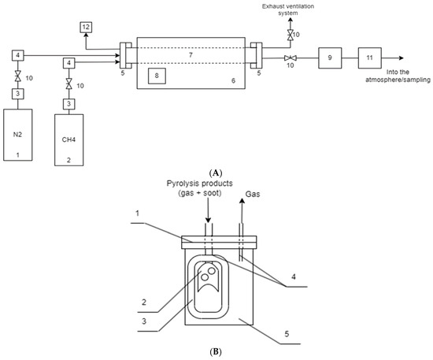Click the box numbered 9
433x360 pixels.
click(x=330, y=58)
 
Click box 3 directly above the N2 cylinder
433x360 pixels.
click(x=17, y=94)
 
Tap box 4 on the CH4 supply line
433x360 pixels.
click(x=70, y=62)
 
